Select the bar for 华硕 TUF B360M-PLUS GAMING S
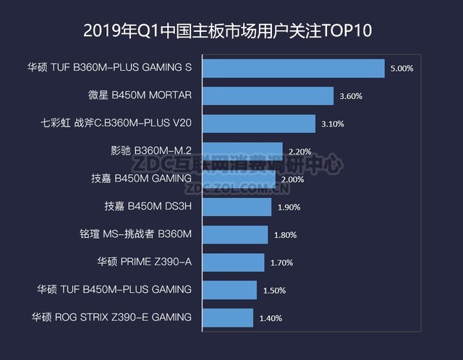(293, 68)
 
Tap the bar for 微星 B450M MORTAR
(268, 95)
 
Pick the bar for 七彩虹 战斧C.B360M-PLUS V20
(258, 124)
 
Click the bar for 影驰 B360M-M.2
(242, 151)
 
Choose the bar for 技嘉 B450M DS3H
(237, 207)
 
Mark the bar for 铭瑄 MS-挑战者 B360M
(235, 234)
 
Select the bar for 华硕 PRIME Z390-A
(233, 262)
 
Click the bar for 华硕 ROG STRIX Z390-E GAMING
(228, 317)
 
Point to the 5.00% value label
(402, 69)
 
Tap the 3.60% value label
(351, 96)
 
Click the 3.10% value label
(333, 124)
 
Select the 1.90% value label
(289, 207)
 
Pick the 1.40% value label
(271, 318)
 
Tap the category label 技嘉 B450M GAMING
(141, 179)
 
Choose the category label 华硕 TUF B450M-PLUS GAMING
(114, 289)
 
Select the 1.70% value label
(282, 262)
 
